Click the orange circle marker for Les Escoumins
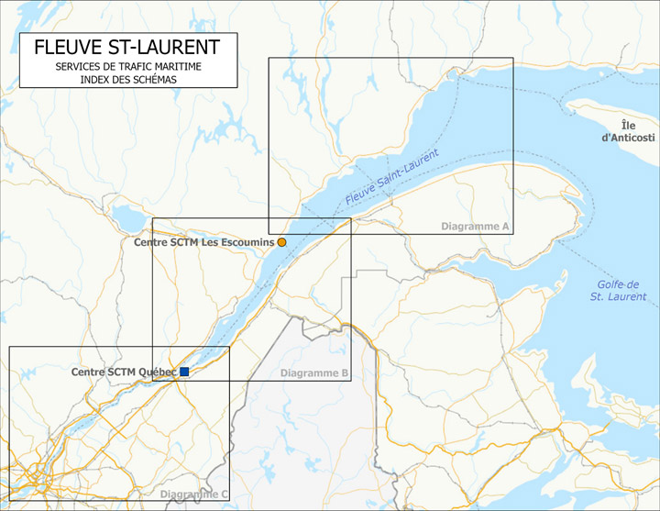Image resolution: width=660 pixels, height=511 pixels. pyautogui.click(x=282, y=242)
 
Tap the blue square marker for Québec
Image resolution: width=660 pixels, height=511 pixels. pyautogui.click(x=184, y=372)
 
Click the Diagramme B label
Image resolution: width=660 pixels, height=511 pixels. pyautogui.click(x=313, y=373)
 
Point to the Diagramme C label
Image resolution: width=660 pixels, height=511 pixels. pyautogui.click(x=194, y=495)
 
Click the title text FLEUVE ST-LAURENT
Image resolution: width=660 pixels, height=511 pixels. pyautogui.click(x=126, y=48)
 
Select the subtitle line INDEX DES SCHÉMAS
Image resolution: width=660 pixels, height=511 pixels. pyautogui.click(x=127, y=80)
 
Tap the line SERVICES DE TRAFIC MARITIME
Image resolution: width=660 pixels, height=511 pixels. pyautogui.click(x=127, y=68)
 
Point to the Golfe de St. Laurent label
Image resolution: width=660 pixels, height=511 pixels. pyautogui.click(x=618, y=291)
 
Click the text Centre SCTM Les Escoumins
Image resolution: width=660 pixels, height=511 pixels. pyautogui.click(x=204, y=242)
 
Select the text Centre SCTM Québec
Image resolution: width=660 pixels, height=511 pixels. pyautogui.click(x=124, y=372)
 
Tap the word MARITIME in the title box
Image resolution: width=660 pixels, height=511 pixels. pyautogui.click(x=175, y=68)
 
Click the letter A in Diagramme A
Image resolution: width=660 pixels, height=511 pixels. pyautogui.click(x=504, y=226)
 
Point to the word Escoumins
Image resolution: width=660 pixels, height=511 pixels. pyautogui.click(x=243, y=242)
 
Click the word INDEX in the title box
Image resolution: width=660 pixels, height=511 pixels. pyautogui.click(x=95, y=80)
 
